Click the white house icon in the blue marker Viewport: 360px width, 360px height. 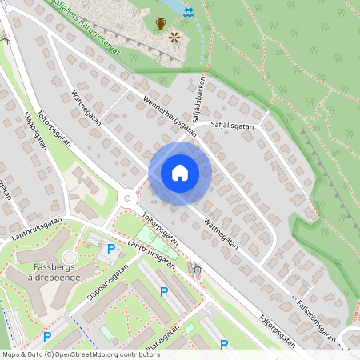[180, 173]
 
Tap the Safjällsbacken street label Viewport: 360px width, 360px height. [196, 100]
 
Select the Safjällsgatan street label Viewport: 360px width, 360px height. [233, 125]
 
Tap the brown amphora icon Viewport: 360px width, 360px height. [160, 23]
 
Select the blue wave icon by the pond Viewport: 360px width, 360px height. [189, 14]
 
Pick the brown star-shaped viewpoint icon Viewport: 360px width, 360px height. [174, 37]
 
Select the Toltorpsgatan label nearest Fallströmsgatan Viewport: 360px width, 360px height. [276, 331]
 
